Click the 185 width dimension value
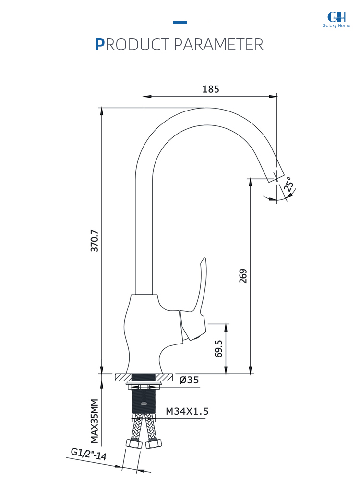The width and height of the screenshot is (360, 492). [x=210, y=89]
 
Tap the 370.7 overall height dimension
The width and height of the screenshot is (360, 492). [x=95, y=241]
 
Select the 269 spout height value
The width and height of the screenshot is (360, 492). [x=243, y=276]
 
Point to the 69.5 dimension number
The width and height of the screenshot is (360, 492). [x=218, y=349]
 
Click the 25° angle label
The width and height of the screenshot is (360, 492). [x=289, y=184]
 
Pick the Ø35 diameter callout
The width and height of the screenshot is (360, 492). [x=189, y=380]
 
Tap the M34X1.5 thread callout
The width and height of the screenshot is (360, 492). [x=187, y=411]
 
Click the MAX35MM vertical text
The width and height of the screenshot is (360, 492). [x=95, y=421]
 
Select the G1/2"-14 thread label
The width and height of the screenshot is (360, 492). [x=88, y=454]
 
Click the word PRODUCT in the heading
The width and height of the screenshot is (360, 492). [x=132, y=45]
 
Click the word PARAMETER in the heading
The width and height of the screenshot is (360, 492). [x=218, y=45]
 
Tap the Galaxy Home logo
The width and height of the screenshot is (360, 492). [x=336, y=20]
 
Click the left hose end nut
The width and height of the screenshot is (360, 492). [x=134, y=443]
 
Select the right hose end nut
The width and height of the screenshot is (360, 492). [x=154, y=443]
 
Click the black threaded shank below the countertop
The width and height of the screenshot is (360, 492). [x=144, y=401]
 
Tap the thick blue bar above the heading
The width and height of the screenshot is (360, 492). [x=180, y=23]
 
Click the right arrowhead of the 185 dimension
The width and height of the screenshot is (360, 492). [x=273, y=96]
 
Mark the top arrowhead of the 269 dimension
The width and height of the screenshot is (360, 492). [x=250, y=183]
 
